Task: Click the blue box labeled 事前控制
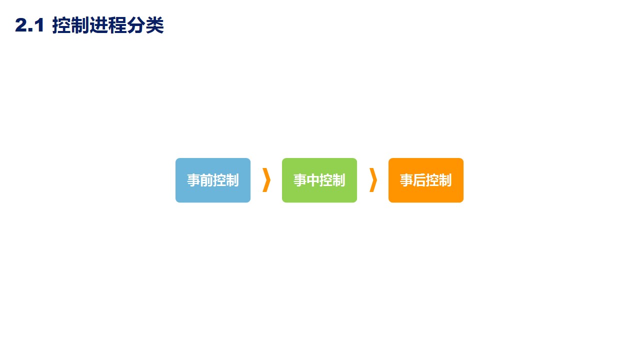pos(212,180)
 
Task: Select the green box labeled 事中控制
pos(319,180)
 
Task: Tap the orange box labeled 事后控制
pos(425,180)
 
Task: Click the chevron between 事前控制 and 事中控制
pos(266,180)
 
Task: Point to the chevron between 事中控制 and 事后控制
pos(373,180)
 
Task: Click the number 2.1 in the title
pos(30,26)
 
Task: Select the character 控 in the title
pos(61,26)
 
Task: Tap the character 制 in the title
pos(80,26)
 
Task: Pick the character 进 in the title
pos(98,26)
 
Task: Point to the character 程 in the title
pos(117,26)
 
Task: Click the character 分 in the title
pos(135,26)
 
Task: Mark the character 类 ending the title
pos(154,26)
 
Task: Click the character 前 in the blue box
pos(206,180)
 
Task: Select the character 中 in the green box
pos(313,180)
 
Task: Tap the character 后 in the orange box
pos(419,180)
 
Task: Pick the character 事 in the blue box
pos(193,180)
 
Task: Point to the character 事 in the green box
pos(300,180)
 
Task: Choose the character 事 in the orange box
pos(406,180)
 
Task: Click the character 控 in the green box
pos(326,180)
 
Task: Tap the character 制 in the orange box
pos(445,180)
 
